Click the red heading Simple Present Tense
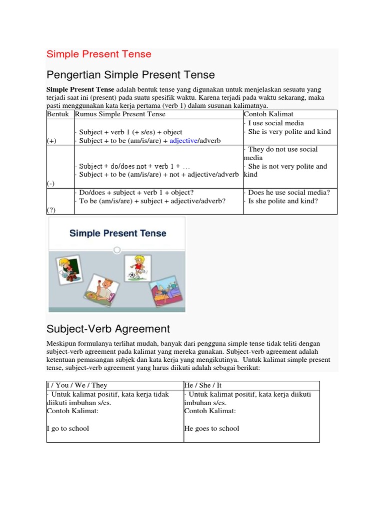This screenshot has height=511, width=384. point(98,54)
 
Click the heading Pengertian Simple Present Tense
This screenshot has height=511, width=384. point(130,75)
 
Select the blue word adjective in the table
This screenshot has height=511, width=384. point(183,141)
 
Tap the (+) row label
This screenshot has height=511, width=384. point(52,141)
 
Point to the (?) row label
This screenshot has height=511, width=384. point(52,210)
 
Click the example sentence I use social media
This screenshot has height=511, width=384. point(276,123)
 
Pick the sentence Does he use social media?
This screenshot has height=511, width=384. point(289,193)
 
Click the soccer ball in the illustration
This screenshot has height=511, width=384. point(132,274)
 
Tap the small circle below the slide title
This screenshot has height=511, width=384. point(116,250)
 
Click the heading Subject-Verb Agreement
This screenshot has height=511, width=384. point(108,329)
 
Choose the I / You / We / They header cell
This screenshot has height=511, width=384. point(77,385)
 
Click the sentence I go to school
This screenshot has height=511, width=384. point(68,429)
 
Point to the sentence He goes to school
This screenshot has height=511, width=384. point(211,429)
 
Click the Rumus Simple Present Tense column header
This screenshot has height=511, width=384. point(120,114)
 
